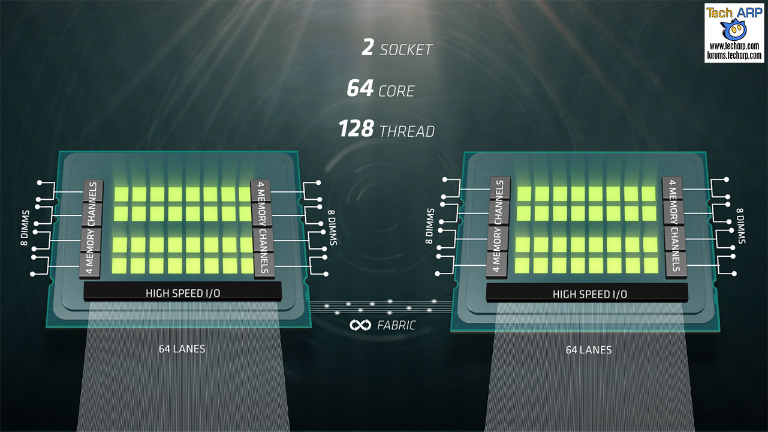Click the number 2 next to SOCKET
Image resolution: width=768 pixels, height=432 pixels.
[368, 48]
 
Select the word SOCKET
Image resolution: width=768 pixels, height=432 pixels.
[406, 50]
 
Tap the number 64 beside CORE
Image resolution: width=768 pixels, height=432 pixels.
[360, 89]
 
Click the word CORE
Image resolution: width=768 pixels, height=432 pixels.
[396, 91]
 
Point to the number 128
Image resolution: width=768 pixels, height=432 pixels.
[356, 129]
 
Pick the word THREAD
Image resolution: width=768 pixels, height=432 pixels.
[407, 131]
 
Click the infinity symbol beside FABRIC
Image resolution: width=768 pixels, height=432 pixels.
[360, 325]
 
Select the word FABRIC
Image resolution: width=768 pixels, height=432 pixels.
[396, 326]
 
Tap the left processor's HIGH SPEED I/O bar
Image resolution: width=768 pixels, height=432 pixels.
[182, 293]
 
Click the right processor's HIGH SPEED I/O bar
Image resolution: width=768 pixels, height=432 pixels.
[589, 294]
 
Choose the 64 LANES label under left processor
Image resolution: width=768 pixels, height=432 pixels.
[182, 349]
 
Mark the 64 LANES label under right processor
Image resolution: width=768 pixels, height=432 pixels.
[589, 350]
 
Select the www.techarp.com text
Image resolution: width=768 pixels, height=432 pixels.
[735, 46]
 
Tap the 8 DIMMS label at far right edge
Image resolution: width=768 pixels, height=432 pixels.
[741, 225]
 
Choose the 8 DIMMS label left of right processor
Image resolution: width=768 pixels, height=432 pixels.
[430, 226]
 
